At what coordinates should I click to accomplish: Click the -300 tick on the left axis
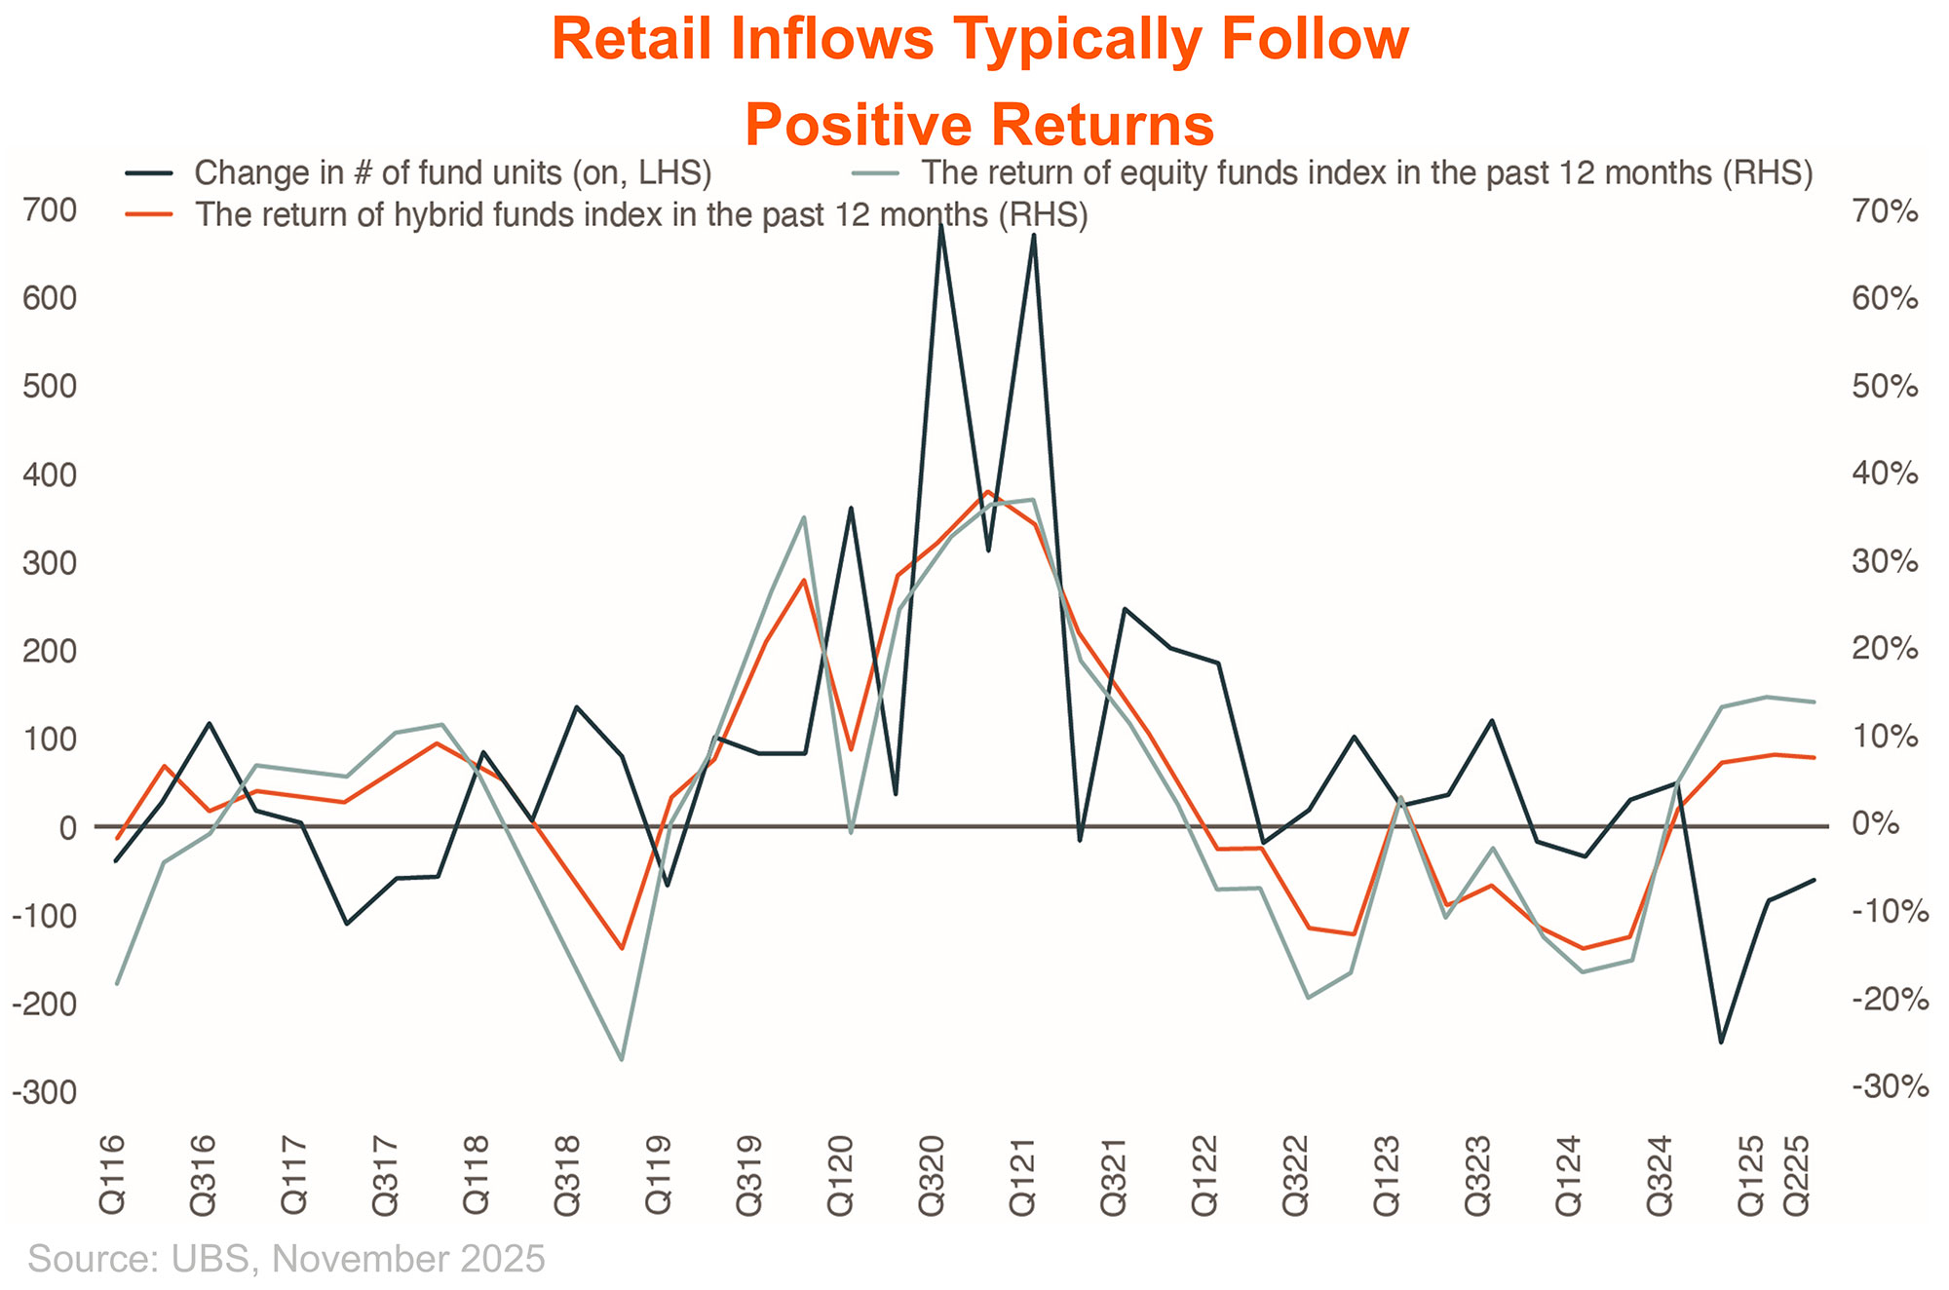tap(45, 1092)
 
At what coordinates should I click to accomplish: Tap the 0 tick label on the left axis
tap(67, 827)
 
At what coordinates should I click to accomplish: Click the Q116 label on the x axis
tap(112, 1173)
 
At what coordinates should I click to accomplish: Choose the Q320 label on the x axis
tap(932, 1173)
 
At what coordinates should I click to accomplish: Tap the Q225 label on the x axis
tap(1796, 1173)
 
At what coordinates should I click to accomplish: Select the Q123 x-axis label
tap(1387, 1173)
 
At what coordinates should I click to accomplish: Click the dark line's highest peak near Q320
tap(941, 225)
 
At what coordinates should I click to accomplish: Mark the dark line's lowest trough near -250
tap(1721, 1042)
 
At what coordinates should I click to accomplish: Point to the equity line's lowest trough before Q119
tap(622, 1059)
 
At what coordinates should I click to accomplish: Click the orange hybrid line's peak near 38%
tap(987, 492)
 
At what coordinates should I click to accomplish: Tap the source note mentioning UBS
tap(287, 1259)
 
